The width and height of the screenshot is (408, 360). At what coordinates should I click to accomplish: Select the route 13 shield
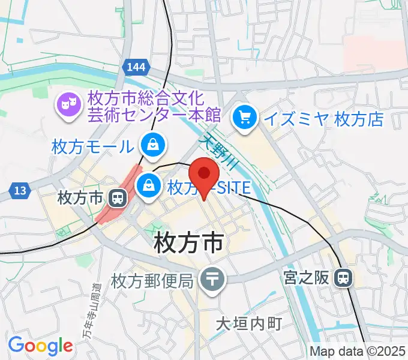(x=20, y=191)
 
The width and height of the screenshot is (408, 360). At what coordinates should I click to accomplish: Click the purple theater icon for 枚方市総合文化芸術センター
(x=67, y=106)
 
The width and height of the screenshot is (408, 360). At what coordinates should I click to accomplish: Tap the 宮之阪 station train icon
(x=343, y=277)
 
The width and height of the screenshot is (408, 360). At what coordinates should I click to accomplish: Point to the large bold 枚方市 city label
(x=189, y=244)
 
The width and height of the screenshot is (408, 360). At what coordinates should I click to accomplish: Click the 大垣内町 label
(x=248, y=324)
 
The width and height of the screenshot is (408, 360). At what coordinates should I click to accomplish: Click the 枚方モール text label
(x=92, y=146)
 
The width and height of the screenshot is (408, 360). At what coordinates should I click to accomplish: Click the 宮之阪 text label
(x=305, y=278)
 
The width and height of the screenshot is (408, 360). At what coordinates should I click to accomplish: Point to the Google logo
(x=40, y=346)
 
